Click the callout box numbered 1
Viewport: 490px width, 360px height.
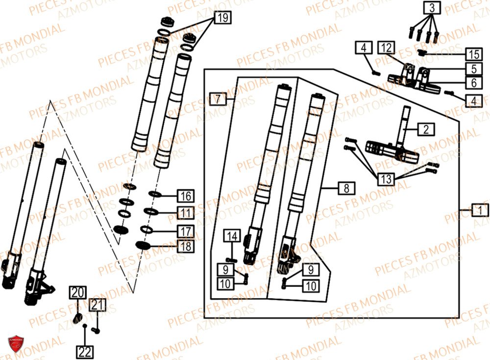(481, 210)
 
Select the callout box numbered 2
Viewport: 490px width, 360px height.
(426, 129)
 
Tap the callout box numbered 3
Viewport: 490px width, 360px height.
(432, 8)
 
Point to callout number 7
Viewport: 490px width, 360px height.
(218, 99)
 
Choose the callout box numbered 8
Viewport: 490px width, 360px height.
(346, 188)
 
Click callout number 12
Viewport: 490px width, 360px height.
(386, 48)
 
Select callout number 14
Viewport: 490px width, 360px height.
(232, 236)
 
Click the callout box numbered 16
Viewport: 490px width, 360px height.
(185, 196)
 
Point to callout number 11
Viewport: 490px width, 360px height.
(185, 213)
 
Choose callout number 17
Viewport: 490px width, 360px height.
(185, 231)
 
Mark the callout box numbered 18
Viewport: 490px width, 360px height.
(185, 246)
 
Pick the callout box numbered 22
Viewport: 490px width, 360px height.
(84, 351)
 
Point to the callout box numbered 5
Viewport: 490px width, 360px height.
(473, 69)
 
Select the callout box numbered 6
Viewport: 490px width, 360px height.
(473, 83)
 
